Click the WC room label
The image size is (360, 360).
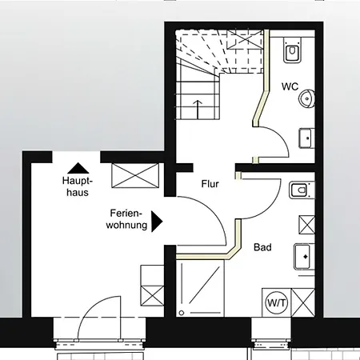pos(290,86)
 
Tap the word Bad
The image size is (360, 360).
pos(262,248)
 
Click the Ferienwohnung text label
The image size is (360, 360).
pos(126,219)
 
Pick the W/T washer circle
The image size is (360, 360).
pos(276,303)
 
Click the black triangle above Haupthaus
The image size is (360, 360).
pos(78,168)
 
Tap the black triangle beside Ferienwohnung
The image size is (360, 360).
pos(158,219)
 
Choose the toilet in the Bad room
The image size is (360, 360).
pos(299,191)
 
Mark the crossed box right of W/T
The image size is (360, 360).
pos(304,303)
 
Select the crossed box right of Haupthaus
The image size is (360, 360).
pos(134,174)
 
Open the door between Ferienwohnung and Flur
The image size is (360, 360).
pos(200,224)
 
